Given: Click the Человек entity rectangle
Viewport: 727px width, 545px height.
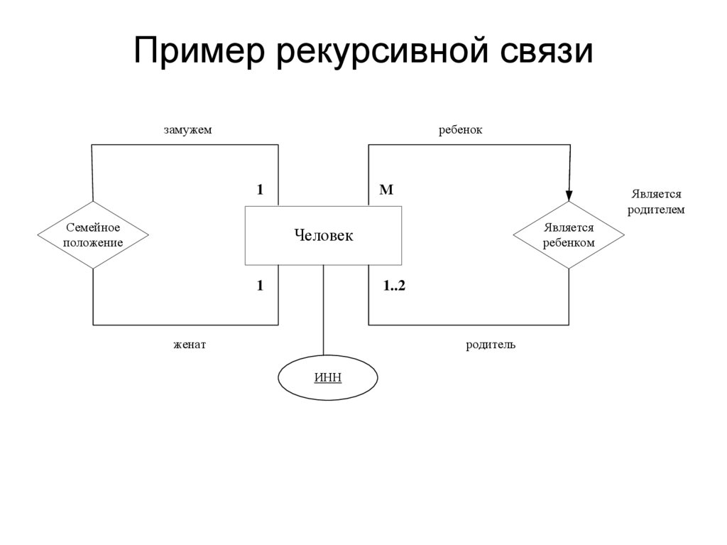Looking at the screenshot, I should (x=323, y=235).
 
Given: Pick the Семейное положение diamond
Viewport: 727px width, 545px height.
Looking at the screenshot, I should (x=93, y=235).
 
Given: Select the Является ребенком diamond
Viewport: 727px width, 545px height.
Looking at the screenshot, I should (x=569, y=235).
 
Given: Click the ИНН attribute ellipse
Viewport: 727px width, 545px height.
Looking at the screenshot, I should (x=327, y=377).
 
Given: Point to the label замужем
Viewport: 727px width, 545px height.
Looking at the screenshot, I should (x=188, y=130).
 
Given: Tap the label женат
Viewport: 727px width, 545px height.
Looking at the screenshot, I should (x=189, y=345).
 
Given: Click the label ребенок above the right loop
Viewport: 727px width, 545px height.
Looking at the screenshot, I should (x=460, y=130).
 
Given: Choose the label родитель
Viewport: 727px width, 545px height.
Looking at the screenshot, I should (x=491, y=345).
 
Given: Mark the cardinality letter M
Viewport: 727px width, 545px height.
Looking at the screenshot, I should (x=386, y=190).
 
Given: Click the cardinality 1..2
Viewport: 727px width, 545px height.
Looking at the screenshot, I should (x=393, y=286).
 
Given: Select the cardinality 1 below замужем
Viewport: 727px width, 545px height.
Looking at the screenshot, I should (x=260, y=190).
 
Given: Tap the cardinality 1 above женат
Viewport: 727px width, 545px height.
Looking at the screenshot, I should (x=260, y=286).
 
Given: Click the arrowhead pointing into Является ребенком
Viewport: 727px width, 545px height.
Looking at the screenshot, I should (x=569, y=194).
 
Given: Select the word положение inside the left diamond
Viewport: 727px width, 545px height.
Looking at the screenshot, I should (x=93, y=243).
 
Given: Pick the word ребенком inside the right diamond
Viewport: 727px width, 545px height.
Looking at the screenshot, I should (x=569, y=243).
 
